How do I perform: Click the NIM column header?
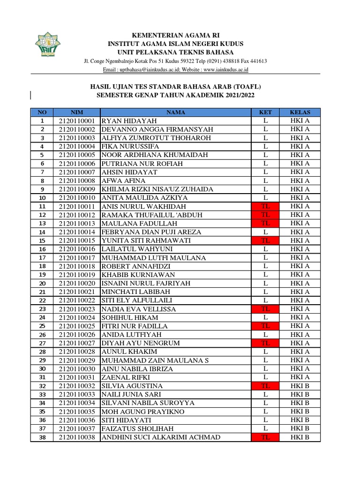(x=76, y=112)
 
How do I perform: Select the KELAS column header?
(x=300, y=112)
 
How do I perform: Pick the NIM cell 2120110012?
(x=77, y=215)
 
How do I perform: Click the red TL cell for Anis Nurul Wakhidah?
(x=265, y=206)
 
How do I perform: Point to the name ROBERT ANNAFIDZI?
(x=136, y=266)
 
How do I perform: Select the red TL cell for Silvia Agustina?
(x=265, y=386)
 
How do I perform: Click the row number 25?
(x=42, y=326)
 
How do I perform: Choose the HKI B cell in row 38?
(x=300, y=437)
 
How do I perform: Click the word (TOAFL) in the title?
(x=247, y=87)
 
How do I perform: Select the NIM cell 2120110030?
(x=77, y=368)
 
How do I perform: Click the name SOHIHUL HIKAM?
(x=129, y=317)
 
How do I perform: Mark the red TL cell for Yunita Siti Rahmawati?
(x=265, y=240)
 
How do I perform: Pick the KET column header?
(x=265, y=112)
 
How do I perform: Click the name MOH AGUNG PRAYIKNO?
(x=143, y=412)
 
